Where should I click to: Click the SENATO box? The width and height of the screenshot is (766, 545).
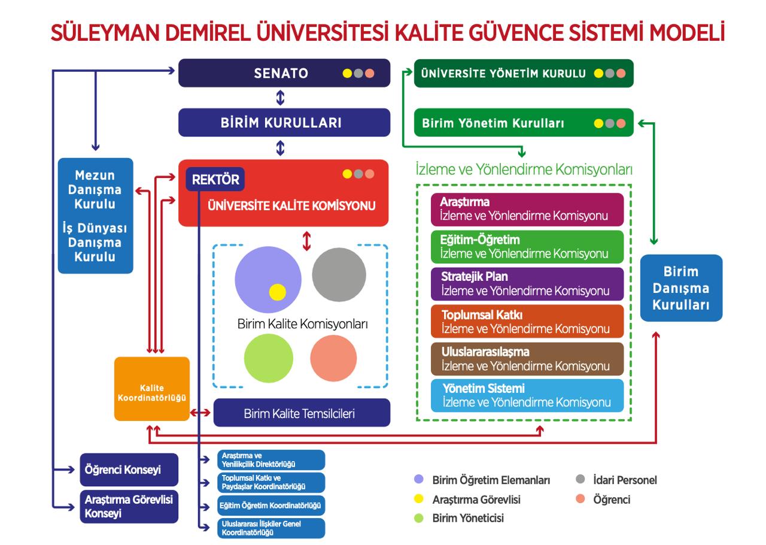tap(284, 73)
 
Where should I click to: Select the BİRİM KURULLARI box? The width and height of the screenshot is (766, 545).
tap(284, 123)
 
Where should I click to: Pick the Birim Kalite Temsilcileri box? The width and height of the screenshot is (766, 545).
tap(302, 413)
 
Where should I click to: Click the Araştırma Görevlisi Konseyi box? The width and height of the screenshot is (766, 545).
tap(129, 506)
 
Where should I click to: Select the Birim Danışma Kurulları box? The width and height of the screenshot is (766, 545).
tap(681, 288)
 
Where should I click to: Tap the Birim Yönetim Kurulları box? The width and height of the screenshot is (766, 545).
tap(523, 123)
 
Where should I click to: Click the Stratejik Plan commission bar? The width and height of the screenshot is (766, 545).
tap(527, 284)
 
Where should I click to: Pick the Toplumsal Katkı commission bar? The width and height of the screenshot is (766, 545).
tap(527, 322)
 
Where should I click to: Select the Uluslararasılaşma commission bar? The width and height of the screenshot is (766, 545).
tap(527, 359)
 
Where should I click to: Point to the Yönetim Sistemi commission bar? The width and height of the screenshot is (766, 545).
tap(527, 395)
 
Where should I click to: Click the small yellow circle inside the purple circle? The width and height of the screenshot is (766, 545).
tap(278, 292)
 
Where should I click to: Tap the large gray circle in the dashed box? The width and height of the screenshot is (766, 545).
tap(339, 275)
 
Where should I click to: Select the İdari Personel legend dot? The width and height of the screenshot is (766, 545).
tap(579, 480)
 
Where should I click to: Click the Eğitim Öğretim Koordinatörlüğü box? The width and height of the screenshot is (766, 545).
tap(271, 506)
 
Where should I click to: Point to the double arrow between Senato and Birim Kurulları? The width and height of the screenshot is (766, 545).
tap(280, 98)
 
